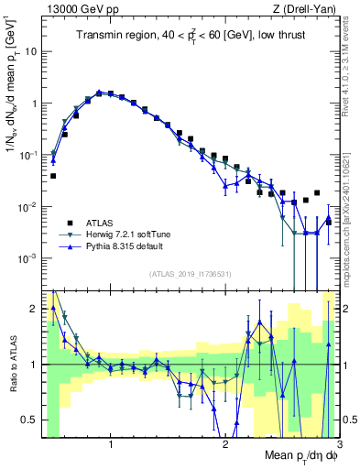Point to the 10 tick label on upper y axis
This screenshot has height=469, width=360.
click(x=30, y=51)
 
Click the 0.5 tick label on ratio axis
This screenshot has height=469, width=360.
click(x=27, y=420)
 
